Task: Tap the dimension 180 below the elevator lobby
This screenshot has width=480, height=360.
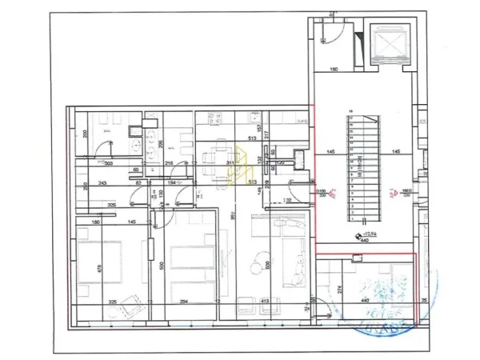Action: (334, 69)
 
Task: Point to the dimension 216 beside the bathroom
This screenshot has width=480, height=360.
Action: (169, 162)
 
